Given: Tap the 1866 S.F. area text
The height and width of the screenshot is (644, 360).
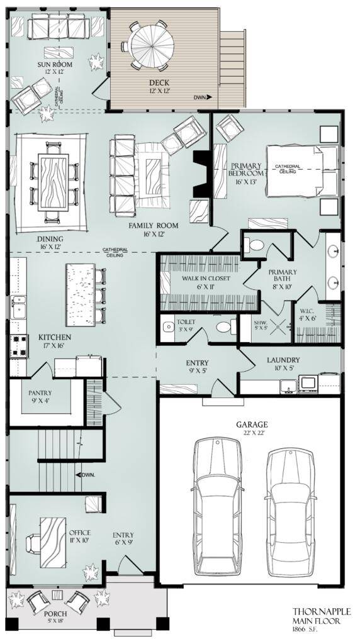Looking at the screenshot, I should [x=309, y=628].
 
